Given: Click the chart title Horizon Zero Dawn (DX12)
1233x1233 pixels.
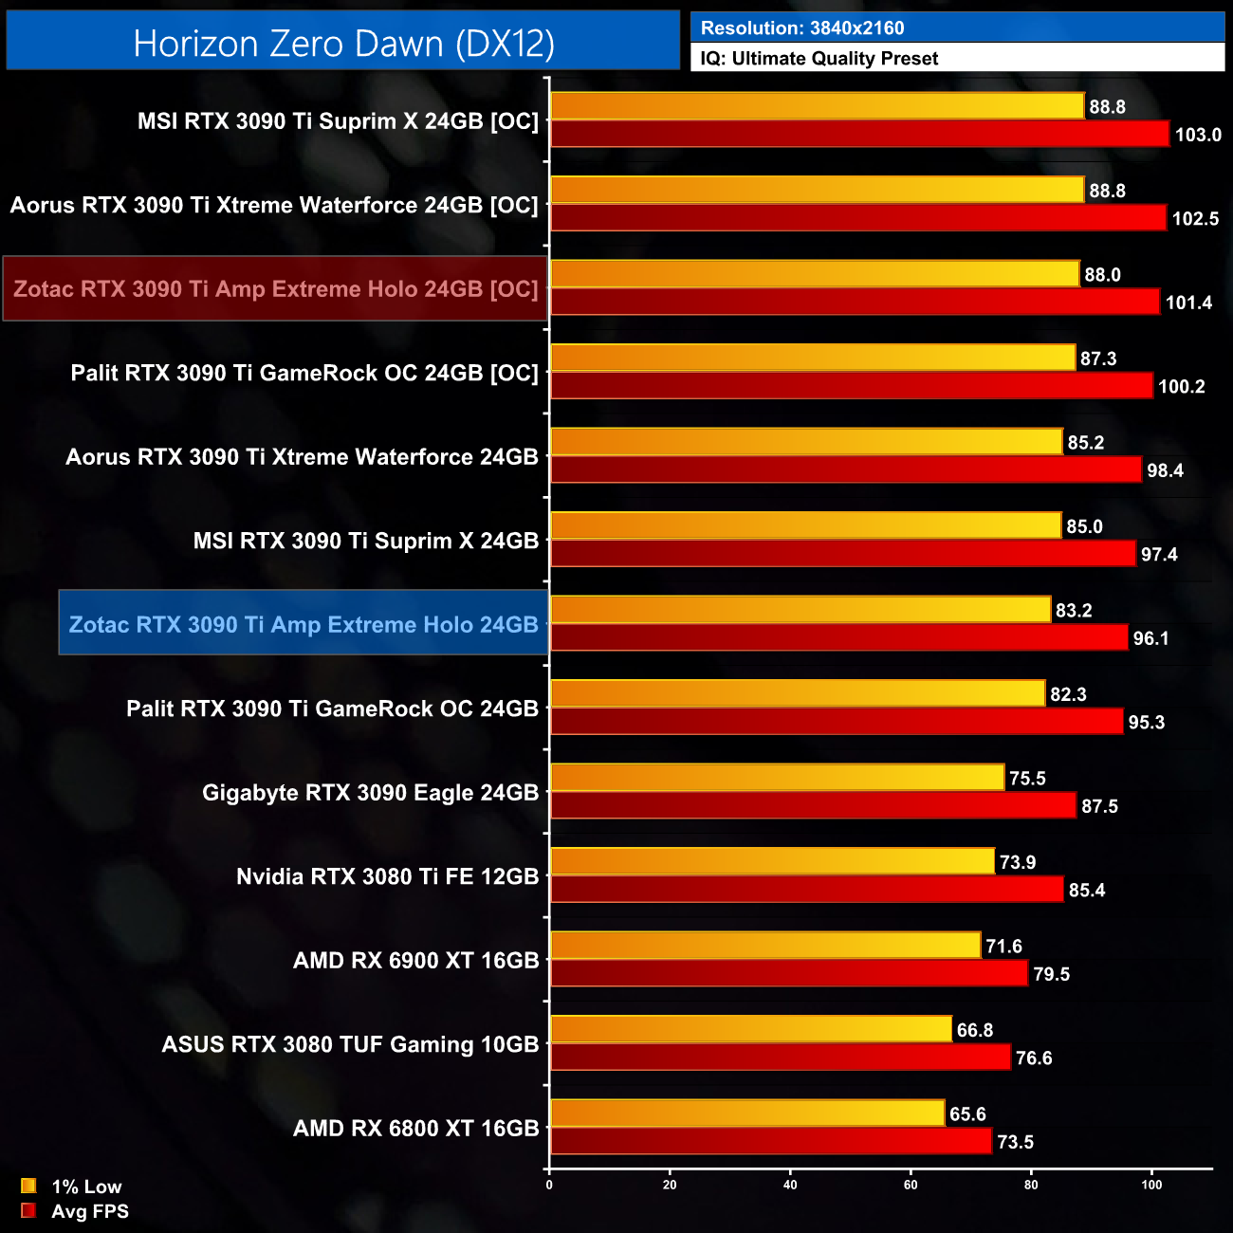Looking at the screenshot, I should click(x=343, y=44).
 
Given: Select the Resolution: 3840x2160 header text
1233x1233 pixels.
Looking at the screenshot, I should click(x=802, y=28).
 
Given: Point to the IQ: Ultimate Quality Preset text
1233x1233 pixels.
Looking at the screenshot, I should click(x=819, y=59).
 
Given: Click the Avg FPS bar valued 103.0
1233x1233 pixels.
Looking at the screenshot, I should click(x=859, y=134).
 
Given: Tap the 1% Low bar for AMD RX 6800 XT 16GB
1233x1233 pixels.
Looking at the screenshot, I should click(x=747, y=1113).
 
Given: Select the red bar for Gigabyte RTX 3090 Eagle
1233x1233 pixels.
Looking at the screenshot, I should click(x=813, y=805).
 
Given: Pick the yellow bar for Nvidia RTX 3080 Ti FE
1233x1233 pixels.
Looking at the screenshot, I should click(x=772, y=861).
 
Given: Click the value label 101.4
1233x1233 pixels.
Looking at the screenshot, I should click(x=1188, y=303).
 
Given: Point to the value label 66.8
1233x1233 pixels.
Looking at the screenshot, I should click(x=975, y=1030).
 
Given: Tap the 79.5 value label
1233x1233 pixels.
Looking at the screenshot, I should click(x=1051, y=974).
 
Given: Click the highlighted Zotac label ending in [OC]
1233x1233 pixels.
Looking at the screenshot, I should click(x=275, y=288).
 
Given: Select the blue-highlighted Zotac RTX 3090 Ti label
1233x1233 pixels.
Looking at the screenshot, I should click(x=304, y=624).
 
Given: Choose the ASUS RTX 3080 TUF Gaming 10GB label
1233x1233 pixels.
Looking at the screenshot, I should click(x=350, y=1044).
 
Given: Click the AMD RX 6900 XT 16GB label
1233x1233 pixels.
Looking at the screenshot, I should click(x=415, y=961).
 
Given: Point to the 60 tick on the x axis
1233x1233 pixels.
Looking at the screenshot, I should click(x=911, y=1185).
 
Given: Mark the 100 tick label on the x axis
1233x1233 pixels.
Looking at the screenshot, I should click(x=1151, y=1185).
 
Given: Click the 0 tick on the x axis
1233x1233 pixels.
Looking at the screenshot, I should click(x=549, y=1185).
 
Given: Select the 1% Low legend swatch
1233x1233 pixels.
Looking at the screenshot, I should click(x=28, y=1186).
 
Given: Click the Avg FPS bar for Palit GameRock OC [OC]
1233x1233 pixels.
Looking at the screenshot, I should click(x=852, y=386).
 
